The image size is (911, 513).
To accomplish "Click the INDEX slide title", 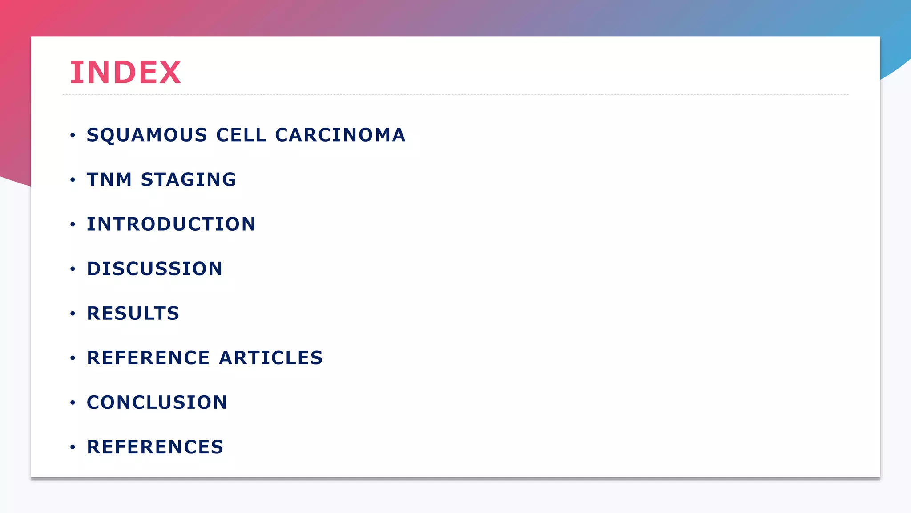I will [x=125, y=72].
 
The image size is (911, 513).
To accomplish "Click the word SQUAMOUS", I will [x=147, y=135].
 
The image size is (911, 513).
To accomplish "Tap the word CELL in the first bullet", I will [x=241, y=135].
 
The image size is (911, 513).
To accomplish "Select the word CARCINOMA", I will [x=340, y=135].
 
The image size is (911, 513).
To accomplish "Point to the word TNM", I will [x=109, y=180].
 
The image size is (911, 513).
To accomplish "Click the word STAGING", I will [x=189, y=180].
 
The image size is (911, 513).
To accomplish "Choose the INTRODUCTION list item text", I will [x=171, y=224].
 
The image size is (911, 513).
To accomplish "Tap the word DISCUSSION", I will [x=154, y=269].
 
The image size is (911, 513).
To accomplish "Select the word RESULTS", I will [x=133, y=313].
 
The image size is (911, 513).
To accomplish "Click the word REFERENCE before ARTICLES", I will [x=148, y=358].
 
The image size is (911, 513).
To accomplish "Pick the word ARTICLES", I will [x=271, y=358].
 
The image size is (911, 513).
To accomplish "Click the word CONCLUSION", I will [x=157, y=403].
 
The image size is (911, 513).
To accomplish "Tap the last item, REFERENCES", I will [x=155, y=447].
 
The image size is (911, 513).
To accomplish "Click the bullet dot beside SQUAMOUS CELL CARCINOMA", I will [x=73, y=135].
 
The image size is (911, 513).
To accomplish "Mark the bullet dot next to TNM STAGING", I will [x=73, y=180].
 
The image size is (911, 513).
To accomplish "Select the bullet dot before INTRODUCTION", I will [x=73, y=224].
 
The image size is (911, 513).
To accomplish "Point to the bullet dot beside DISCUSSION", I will [x=73, y=269].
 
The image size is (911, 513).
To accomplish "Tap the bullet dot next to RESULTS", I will [x=73, y=313].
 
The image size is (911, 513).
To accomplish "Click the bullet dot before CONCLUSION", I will [x=73, y=403].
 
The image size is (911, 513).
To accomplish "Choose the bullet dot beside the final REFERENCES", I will [x=73, y=447].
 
